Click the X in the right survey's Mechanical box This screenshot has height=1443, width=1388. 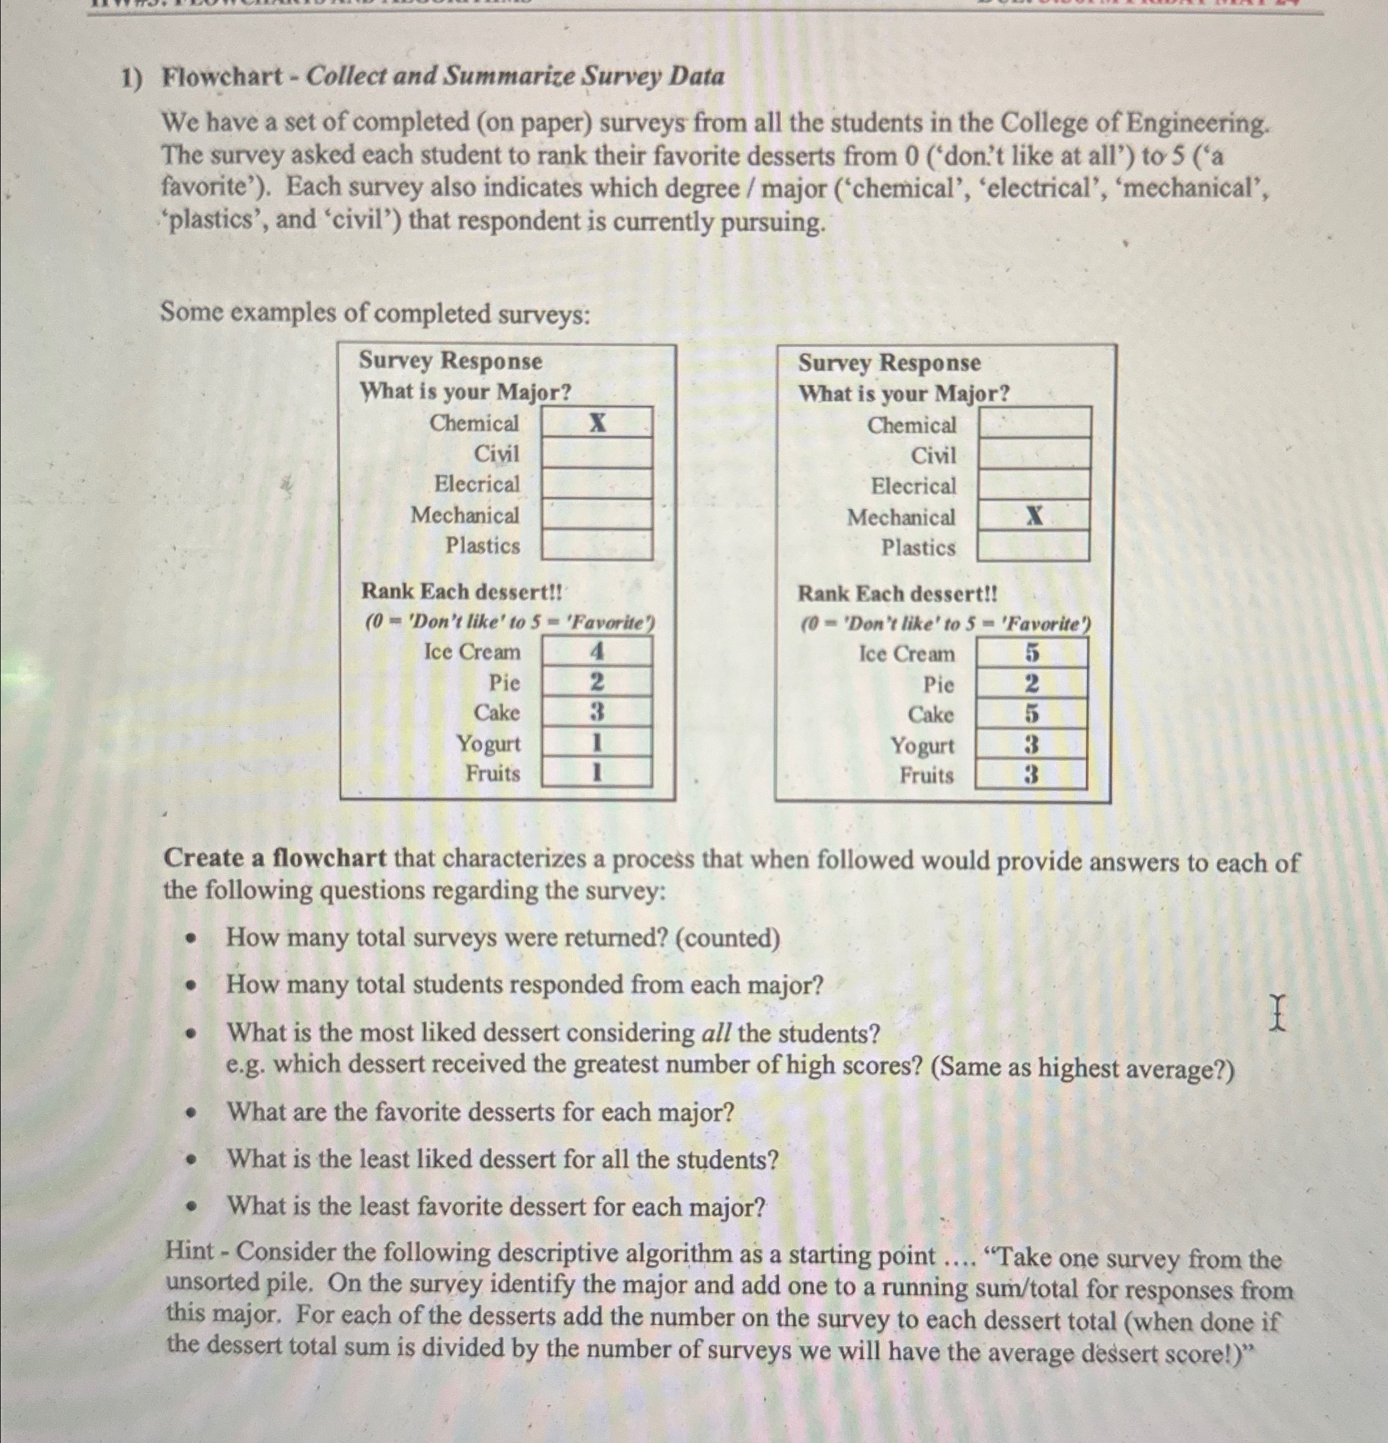click(x=1034, y=516)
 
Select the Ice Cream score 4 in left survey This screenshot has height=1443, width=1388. click(x=597, y=651)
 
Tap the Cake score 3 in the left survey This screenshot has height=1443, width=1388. click(x=597, y=712)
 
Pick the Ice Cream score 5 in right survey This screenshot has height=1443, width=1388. click(x=1033, y=653)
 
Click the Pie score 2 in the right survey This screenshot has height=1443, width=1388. click(x=1033, y=684)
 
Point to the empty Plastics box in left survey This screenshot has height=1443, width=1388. click(x=597, y=545)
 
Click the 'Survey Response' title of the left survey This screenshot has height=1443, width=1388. click(x=450, y=360)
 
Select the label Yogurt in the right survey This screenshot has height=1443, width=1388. click(x=922, y=746)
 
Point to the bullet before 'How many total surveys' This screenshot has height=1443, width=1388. click(x=193, y=939)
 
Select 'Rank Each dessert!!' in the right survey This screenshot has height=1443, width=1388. click(x=897, y=593)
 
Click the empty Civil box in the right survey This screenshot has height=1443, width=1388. click(x=1034, y=454)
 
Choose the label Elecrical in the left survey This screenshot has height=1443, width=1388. click(x=476, y=484)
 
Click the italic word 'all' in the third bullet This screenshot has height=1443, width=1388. click(x=716, y=1034)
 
